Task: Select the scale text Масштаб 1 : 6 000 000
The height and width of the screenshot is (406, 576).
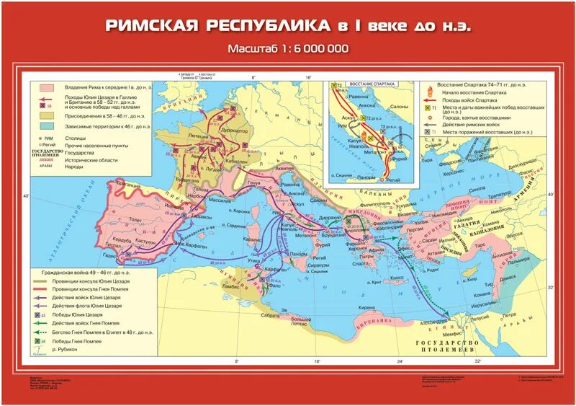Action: (x=287, y=49)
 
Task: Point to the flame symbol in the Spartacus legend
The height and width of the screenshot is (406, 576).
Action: (x=431, y=92)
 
